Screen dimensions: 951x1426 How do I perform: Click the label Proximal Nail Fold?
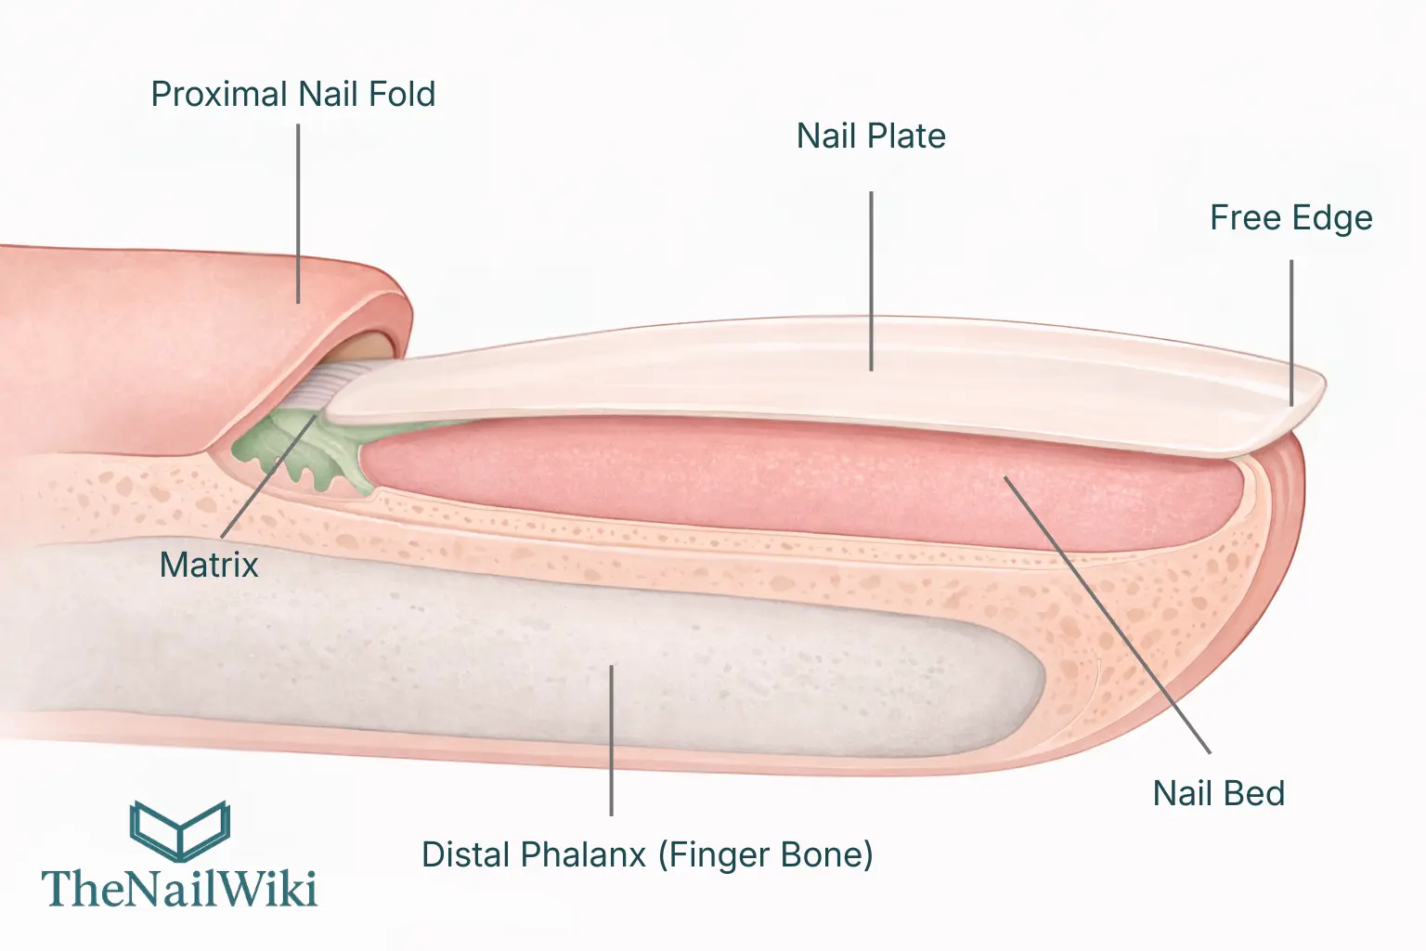pos(292,95)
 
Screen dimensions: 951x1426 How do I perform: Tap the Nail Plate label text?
pos(871,137)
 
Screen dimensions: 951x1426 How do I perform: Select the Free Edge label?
pos(1290,218)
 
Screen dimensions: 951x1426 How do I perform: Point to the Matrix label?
pos(209,565)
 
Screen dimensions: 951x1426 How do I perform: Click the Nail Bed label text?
pos(1218,794)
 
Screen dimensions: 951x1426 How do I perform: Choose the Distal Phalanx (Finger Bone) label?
pos(647,855)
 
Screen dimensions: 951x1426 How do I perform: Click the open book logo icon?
pos(180,829)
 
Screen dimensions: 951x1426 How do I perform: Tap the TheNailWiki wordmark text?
pos(180,889)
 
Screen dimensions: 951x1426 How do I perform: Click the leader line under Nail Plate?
pos(871,279)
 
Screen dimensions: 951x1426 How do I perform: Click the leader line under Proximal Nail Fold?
pos(298,214)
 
